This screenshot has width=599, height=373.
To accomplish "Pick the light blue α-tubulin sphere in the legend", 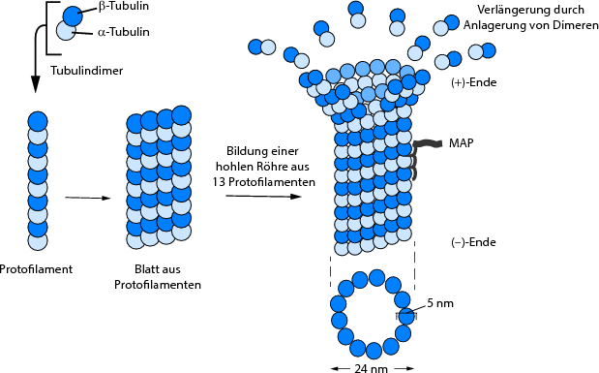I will click(x=64, y=31).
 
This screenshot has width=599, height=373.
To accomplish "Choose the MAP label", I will click(x=460, y=143).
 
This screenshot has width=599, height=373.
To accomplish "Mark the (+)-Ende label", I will click(x=473, y=83).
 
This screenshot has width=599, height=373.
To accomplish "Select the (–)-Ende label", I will click(x=473, y=242).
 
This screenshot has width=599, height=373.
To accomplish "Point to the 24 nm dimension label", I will click(x=372, y=367).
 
